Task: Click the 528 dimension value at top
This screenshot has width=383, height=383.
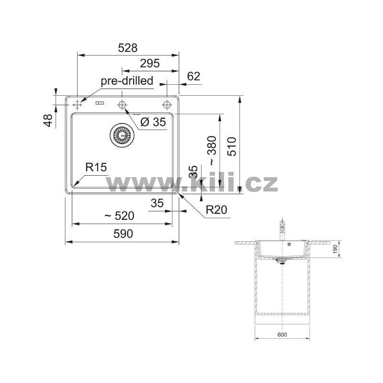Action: (x=127, y=48)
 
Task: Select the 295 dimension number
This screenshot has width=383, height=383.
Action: (x=150, y=63)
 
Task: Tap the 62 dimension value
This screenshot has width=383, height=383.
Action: (x=193, y=76)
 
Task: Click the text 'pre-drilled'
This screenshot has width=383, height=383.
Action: (x=127, y=81)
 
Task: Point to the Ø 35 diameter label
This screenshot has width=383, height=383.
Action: (x=153, y=122)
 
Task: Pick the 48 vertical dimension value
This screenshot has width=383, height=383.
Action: (x=48, y=120)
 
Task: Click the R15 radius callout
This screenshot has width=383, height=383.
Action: (x=96, y=167)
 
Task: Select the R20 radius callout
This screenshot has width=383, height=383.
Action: (x=216, y=210)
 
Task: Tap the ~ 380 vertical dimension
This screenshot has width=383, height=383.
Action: (x=212, y=150)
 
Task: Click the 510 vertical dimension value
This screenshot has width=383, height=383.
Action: (x=232, y=146)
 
